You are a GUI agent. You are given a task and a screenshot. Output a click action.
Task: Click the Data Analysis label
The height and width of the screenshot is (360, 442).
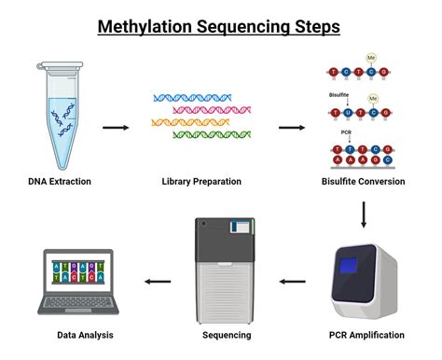tap(77, 334)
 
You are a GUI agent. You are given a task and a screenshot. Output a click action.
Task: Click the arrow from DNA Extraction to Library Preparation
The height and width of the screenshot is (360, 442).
tap(116, 126)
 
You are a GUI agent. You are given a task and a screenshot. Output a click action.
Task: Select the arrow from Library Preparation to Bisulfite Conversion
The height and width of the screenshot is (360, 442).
tap(290, 126)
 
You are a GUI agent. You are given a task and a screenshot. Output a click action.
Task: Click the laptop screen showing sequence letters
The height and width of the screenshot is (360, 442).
tap(77, 277)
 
